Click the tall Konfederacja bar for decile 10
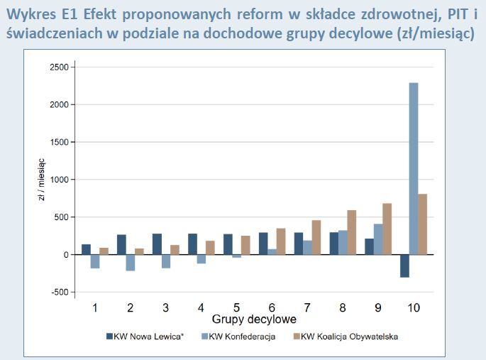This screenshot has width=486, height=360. pos(413,168)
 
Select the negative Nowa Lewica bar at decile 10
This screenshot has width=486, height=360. pos(404,266)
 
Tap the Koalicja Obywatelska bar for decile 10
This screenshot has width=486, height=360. pos(422,224)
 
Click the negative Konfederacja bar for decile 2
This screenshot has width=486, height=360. pos(130,262)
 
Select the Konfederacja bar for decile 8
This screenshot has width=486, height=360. pos(342,242)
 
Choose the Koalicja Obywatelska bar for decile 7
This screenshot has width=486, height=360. pos(316,237)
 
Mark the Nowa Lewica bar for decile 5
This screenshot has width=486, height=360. pos(228,244)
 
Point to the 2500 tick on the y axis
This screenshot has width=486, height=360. pos(61,67)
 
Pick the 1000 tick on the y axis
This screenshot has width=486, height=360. pos(61,180)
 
